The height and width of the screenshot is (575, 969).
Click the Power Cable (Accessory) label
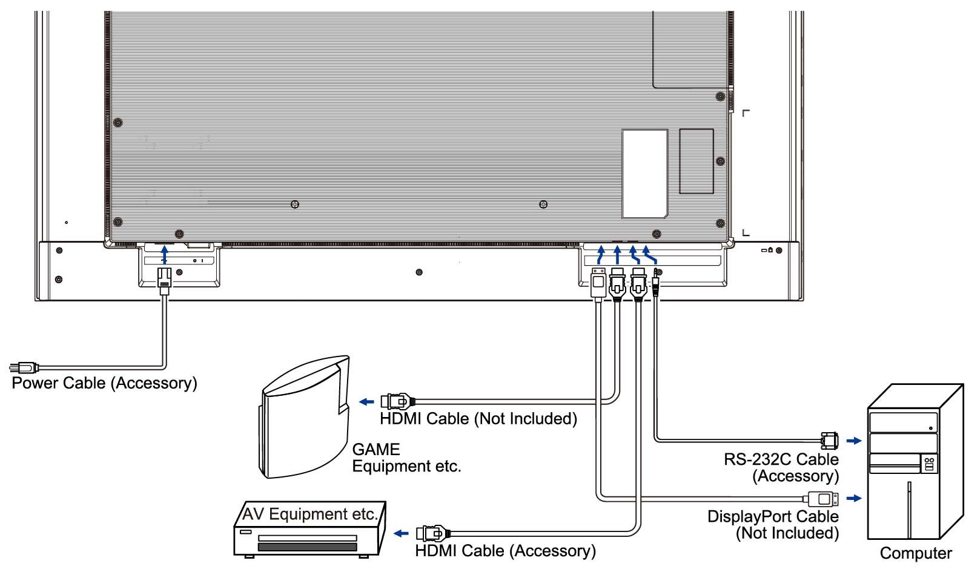(104, 383)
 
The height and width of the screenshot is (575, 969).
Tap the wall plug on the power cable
(24, 367)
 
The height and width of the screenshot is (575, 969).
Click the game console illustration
(305, 417)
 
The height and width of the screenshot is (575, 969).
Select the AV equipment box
(309, 530)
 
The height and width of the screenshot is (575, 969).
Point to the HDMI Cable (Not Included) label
(478, 418)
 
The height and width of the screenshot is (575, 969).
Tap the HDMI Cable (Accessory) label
(505, 551)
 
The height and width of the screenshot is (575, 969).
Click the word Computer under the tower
(916, 553)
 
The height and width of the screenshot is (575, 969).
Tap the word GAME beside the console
(376, 450)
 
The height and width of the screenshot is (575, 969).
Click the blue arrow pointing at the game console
(366, 402)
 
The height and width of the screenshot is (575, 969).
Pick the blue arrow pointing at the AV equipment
(401, 533)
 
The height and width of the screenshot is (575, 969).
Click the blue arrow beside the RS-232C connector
(854, 441)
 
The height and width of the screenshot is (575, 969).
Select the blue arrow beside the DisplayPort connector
(854, 499)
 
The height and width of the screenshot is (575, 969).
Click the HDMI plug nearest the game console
(398, 402)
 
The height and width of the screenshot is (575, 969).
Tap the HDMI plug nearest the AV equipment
(433, 533)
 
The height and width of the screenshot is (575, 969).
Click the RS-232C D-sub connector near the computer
(830, 441)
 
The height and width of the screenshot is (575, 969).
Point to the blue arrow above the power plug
(164, 255)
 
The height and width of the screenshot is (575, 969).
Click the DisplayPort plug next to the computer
(821, 499)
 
